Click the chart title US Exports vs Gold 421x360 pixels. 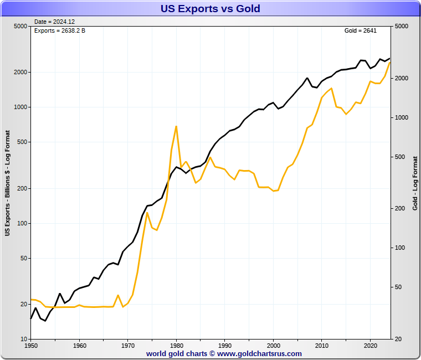[x=210, y=9]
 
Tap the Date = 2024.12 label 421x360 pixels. [x=54, y=22]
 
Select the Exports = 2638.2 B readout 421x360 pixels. [x=60, y=30]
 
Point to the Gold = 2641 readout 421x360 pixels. [x=360, y=30]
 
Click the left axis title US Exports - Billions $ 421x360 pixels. [x=8, y=183]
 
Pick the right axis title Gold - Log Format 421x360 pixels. [x=415, y=183]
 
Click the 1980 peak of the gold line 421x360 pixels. [x=176, y=126]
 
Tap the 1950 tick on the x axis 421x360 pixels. [x=31, y=345]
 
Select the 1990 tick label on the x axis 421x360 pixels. [x=224, y=345]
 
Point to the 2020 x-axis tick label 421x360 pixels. [x=370, y=345]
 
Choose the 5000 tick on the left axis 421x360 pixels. [x=19, y=27]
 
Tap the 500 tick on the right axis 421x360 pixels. [x=401, y=157]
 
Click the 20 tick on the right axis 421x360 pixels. [x=399, y=338]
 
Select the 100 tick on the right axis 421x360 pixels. [x=401, y=248]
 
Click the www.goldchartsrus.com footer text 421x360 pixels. [x=260, y=353]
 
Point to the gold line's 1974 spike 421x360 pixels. [x=147, y=213]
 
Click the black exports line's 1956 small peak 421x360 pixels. [x=60, y=294]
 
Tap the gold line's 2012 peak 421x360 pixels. [x=331, y=88]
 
